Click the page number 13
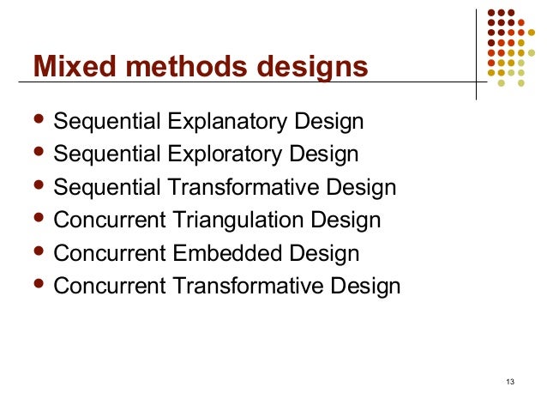pyautogui.click(x=510, y=381)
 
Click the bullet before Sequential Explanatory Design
pyautogui.click(x=37, y=121)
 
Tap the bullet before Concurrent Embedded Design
pyautogui.click(x=37, y=252)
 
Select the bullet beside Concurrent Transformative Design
pyautogui.click(x=37, y=285)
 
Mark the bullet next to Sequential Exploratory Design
pyautogui.click(x=37, y=154)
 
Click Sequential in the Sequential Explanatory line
pyautogui.click(x=99, y=122)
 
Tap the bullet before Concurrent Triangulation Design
pyautogui.click(x=37, y=220)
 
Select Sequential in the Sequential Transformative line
pyautogui.click(x=99, y=188)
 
